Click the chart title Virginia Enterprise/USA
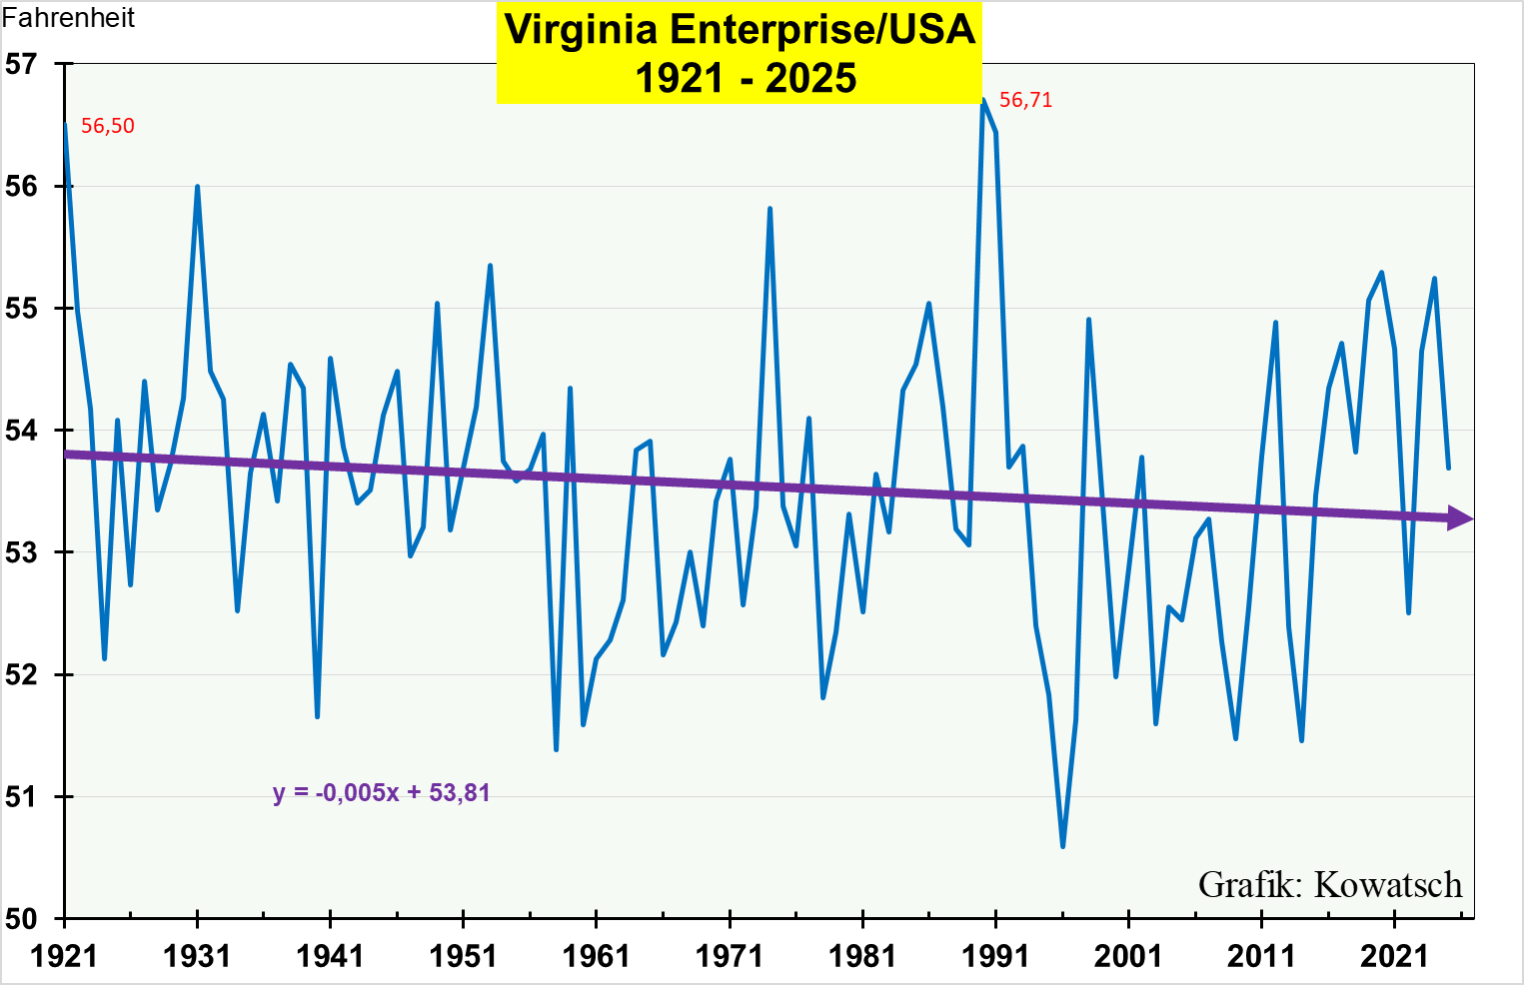(x=740, y=30)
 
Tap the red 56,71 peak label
(x=1025, y=100)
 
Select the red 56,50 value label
(x=107, y=126)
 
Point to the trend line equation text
(x=382, y=793)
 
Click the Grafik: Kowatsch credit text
(x=1329, y=885)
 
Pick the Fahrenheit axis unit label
(x=68, y=18)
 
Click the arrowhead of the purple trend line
(x=1461, y=518)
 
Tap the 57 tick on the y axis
(x=21, y=64)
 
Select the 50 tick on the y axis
(x=21, y=919)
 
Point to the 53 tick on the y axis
(x=21, y=552)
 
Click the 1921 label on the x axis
(x=64, y=956)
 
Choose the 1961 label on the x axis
(x=596, y=956)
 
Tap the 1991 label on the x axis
(x=995, y=956)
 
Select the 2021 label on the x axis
(x=1395, y=956)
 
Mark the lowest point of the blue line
(x=1062, y=847)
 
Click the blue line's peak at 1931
(x=197, y=187)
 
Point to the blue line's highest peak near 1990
(x=982, y=100)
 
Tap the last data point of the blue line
(x=1448, y=468)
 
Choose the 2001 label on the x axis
(x=1128, y=956)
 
